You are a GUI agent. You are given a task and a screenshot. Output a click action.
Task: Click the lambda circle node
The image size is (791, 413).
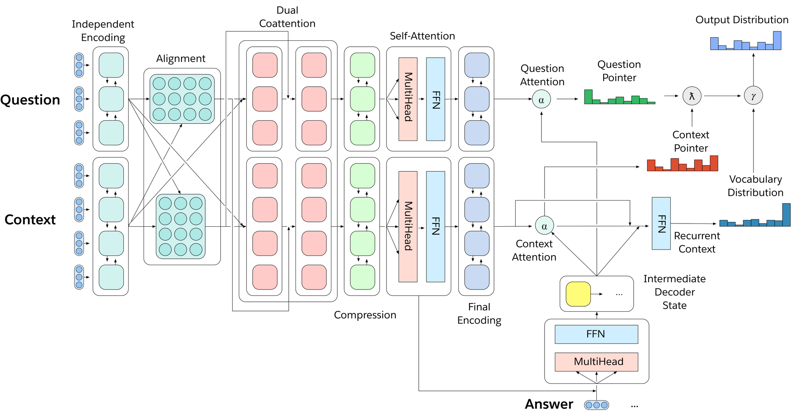click(x=692, y=96)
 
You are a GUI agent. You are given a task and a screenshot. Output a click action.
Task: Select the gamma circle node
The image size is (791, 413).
click(x=753, y=96)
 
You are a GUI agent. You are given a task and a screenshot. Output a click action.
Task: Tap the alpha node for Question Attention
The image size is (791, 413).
click(x=541, y=99)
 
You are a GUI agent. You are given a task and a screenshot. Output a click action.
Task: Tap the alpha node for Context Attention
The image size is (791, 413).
click(x=544, y=226)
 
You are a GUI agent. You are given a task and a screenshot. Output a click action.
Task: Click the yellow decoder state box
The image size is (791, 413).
click(x=578, y=294)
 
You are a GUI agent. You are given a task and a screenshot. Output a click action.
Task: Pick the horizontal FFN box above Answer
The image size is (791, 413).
click(x=596, y=334)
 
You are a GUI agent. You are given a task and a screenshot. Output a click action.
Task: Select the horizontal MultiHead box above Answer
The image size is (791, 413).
click(x=596, y=362)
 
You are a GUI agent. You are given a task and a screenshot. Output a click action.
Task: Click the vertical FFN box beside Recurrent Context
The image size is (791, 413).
click(x=661, y=224)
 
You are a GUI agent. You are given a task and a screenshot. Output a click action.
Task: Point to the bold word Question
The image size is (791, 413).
click(x=30, y=100)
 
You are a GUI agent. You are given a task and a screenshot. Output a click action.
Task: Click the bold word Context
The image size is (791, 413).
click(x=30, y=220)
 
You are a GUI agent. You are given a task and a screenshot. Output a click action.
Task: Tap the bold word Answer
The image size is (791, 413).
click(x=549, y=404)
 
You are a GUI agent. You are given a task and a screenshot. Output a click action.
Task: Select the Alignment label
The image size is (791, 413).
click(x=181, y=59)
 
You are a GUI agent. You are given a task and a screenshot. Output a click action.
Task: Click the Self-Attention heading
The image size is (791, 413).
click(x=422, y=36)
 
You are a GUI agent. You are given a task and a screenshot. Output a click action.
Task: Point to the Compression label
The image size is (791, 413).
click(x=365, y=315)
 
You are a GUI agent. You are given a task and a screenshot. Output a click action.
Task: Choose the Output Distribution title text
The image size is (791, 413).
click(x=742, y=20)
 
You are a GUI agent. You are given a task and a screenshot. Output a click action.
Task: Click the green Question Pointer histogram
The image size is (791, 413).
click(x=619, y=98)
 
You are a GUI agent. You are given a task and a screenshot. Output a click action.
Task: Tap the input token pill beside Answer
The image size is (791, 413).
click(x=596, y=405)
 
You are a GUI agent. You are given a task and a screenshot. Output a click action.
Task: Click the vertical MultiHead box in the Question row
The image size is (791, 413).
click(x=408, y=99)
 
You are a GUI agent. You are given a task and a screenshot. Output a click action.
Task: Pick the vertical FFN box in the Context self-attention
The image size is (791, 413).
click(x=435, y=226)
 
